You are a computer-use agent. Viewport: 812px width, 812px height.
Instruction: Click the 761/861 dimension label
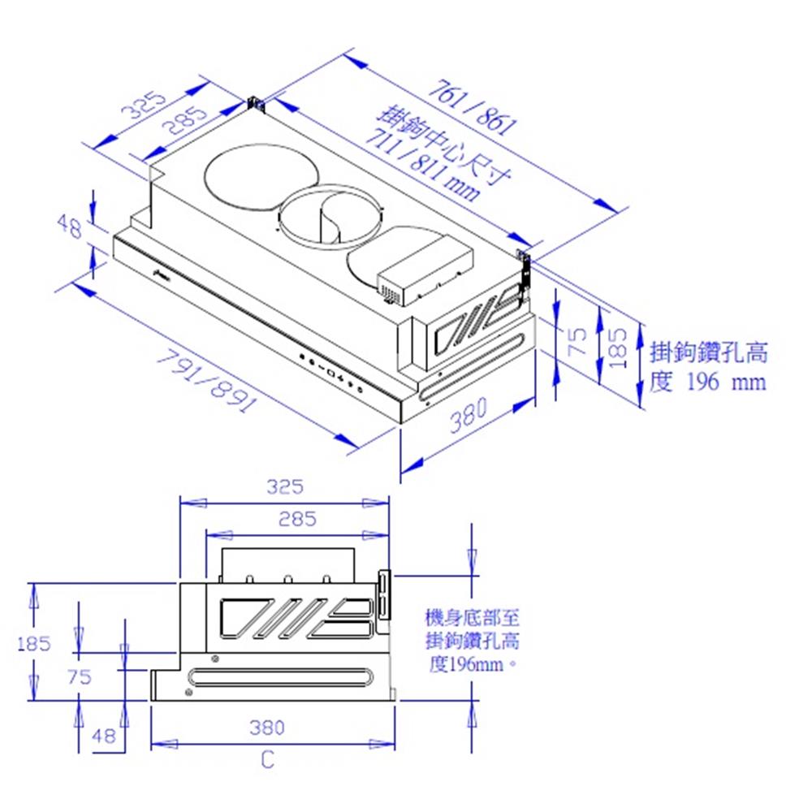(473, 107)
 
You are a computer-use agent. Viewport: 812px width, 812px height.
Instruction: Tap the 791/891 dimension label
(206, 381)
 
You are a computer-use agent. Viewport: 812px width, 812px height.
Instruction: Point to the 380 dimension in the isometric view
(469, 415)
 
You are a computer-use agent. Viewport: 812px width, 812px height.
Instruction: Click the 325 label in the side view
(285, 486)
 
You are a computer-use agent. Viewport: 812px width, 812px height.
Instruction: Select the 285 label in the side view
(297, 519)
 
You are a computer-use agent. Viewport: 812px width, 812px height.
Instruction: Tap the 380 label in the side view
(267, 728)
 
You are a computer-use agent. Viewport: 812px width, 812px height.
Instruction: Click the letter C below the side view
(267, 760)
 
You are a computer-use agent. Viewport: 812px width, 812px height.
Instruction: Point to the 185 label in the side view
(34, 644)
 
